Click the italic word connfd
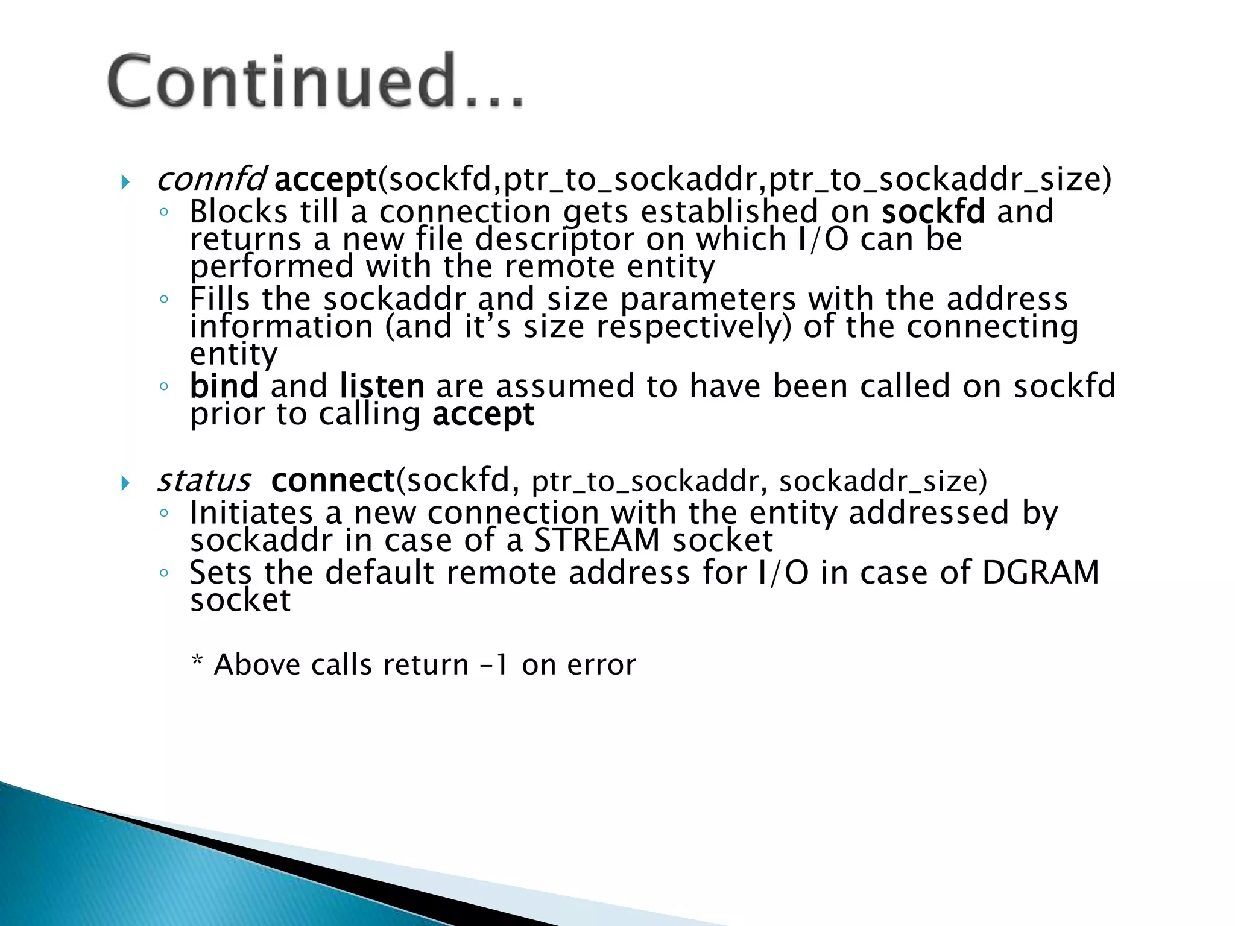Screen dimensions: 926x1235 [x=210, y=179]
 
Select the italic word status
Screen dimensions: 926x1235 [x=203, y=480]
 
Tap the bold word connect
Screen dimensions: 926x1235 [x=333, y=480]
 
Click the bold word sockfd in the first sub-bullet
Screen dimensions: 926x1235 [x=933, y=211]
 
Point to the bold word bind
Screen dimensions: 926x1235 [x=224, y=386]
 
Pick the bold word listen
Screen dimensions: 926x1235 [x=382, y=386]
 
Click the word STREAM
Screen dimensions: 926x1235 [x=597, y=540]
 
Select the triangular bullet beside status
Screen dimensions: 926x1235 [x=125, y=483]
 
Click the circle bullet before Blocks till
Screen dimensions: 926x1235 [x=163, y=212]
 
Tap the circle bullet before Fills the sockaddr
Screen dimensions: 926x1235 [x=163, y=299]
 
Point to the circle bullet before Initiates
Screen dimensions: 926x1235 [x=163, y=513]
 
